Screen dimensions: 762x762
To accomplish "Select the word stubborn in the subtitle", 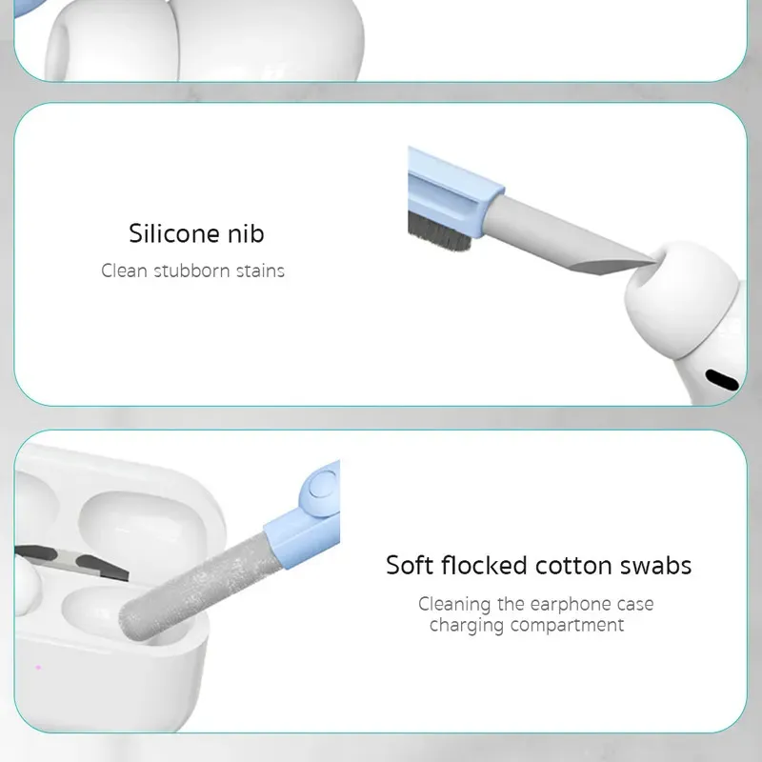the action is (x=192, y=271).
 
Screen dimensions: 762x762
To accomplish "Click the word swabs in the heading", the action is (x=655, y=565).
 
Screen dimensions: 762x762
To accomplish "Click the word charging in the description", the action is (x=466, y=626).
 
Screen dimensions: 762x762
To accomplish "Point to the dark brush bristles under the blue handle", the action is (x=439, y=231).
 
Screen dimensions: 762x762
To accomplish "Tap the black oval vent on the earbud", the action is (x=722, y=379).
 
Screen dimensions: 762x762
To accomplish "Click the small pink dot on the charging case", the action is (x=38, y=668).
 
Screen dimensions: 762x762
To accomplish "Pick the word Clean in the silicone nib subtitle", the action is (x=124, y=271).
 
